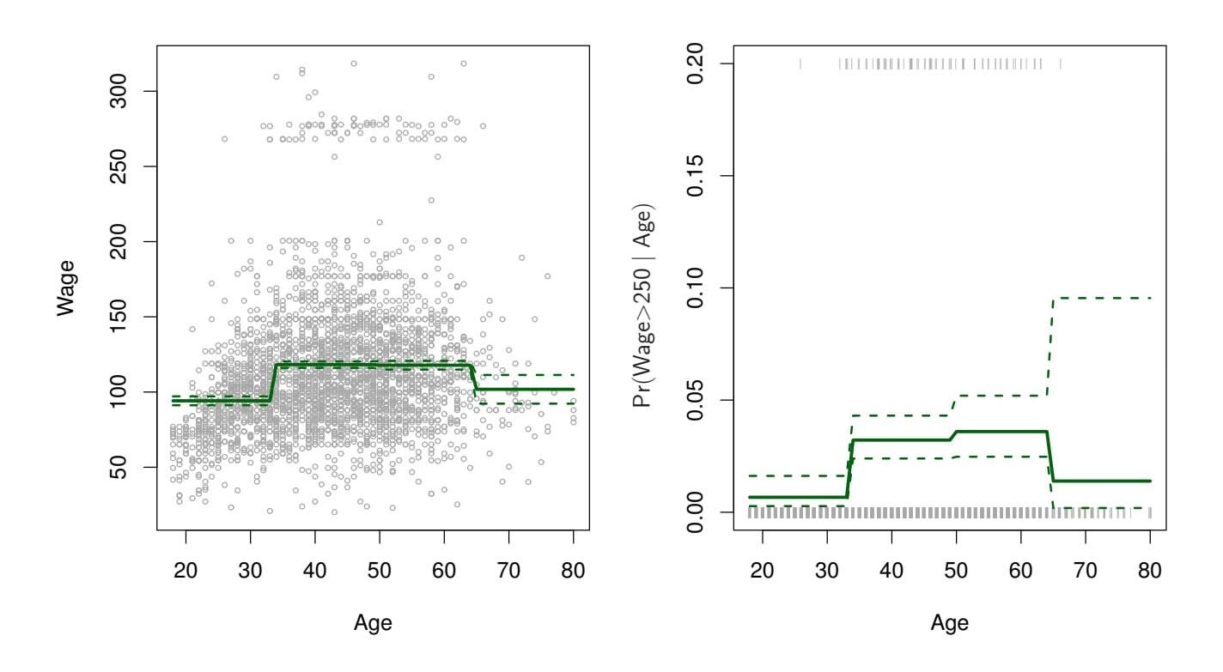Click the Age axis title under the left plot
[x=373, y=624]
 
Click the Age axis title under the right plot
[x=949, y=624]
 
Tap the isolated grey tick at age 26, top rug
[x=800, y=64]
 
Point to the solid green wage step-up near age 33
[x=272, y=383]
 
